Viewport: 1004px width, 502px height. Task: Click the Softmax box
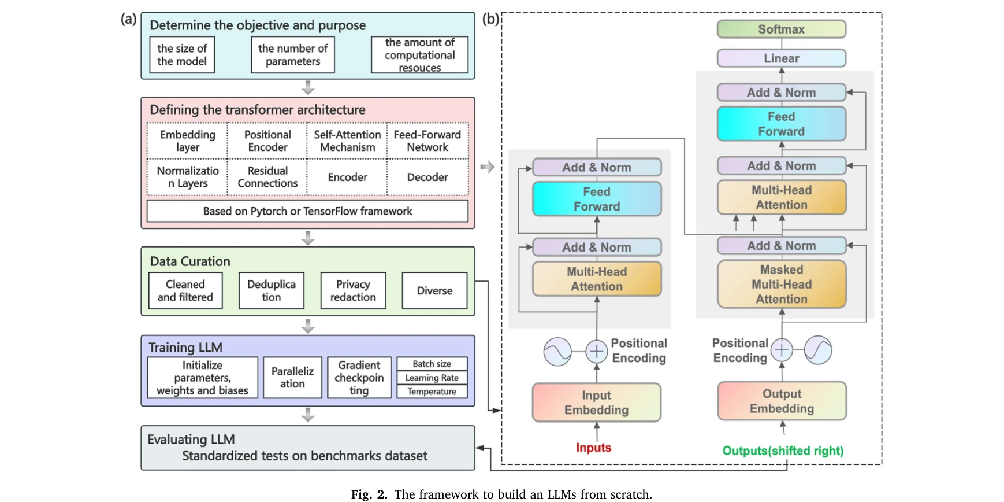781,29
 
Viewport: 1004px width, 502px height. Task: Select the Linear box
781,58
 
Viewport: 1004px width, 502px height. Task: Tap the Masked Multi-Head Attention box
781,284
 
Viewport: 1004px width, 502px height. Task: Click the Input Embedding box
596,403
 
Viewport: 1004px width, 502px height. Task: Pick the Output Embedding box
781,401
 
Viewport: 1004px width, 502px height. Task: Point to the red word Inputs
593,448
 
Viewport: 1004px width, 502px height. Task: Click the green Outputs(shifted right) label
782,451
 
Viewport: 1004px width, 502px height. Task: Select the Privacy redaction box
353,290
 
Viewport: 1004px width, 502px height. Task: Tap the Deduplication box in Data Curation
271,290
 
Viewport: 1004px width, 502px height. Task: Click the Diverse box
434,290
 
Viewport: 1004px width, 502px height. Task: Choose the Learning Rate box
432,378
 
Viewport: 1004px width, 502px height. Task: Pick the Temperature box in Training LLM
432,392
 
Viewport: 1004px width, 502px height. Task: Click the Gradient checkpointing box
359,378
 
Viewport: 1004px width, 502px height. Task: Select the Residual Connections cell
267,177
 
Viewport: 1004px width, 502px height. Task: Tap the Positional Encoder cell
267,141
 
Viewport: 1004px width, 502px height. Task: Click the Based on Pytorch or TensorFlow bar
307,211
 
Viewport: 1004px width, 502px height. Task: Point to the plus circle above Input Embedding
596,351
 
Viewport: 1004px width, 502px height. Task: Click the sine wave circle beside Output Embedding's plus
818,350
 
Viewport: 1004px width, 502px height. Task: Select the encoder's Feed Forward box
596,199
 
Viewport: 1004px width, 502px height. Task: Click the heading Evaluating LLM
191,440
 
